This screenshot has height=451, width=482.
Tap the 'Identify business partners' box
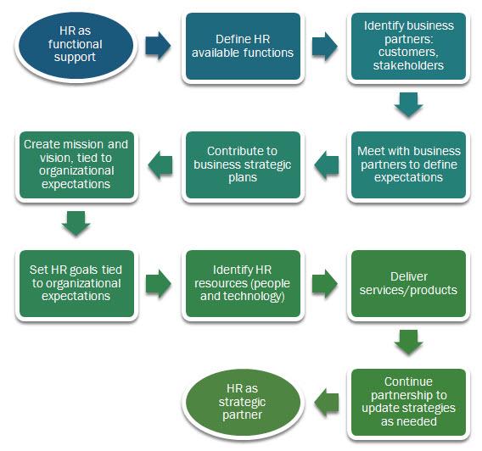(408, 47)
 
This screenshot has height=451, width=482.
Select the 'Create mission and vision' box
(76, 164)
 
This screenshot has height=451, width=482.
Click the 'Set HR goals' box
(76, 283)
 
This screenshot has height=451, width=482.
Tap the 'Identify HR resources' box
(243, 283)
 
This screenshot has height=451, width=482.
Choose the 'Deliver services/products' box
(408, 283)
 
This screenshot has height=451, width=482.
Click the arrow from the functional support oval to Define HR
(157, 47)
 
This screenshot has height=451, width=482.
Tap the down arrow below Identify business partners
(408, 105)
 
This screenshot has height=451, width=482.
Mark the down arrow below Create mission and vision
(76, 224)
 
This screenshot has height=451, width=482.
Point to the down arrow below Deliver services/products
(408, 342)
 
